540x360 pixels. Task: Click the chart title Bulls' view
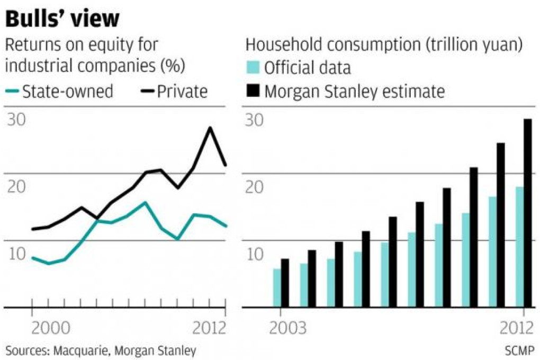62,20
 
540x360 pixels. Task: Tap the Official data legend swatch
253,68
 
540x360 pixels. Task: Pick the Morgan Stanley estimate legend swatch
253,92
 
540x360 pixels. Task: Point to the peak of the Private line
210,128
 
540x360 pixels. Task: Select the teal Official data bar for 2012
519,247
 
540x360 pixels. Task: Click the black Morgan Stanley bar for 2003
285,283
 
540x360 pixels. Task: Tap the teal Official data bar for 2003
276,287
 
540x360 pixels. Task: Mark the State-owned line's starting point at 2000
33,258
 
